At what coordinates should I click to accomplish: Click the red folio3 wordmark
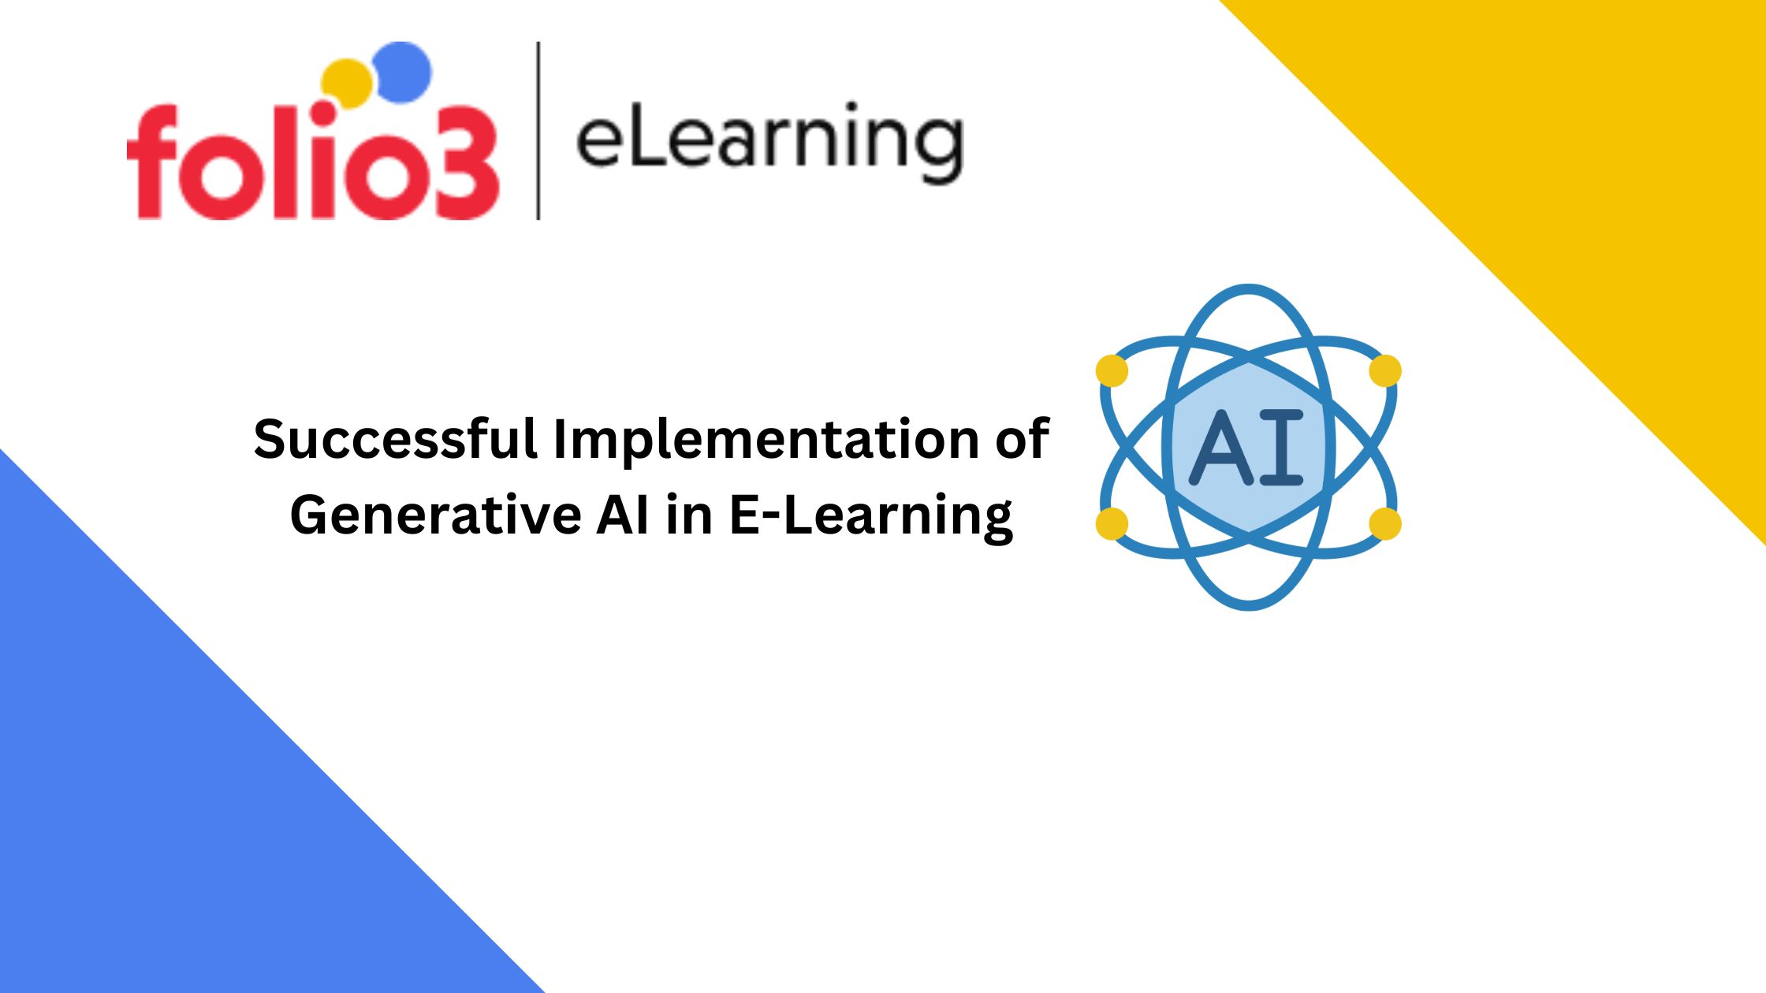[x=313, y=162]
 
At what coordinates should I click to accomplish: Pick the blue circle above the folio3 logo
[x=402, y=71]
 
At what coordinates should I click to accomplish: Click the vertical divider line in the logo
[x=538, y=130]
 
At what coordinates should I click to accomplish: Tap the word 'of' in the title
[x=1022, y=439]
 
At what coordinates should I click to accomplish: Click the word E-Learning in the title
[x=871, y=517]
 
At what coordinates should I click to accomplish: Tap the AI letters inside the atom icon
[x=1246, y=446]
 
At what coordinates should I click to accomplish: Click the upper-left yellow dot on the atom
[x=1112, y=370]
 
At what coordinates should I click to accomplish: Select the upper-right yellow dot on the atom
[x=1385, y=370]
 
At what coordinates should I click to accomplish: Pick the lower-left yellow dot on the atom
[x=1112, y=524]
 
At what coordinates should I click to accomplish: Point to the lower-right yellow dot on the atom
[x=1385, y=524]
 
